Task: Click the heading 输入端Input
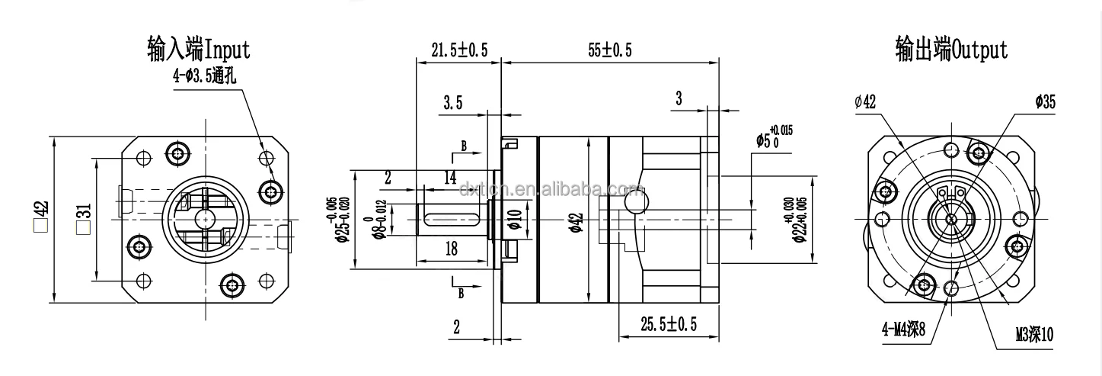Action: pos(198,50)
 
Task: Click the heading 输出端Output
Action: pos(951,50)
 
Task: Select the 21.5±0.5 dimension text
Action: pos(458,50)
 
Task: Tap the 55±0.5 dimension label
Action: pos(609,50)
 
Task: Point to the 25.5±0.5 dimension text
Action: pos(668,326)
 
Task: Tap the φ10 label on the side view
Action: pos(515,218)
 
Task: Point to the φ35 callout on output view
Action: pos(1045,102)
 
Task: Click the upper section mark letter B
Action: pos(462,146)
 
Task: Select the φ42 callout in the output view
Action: pos(865,102)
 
